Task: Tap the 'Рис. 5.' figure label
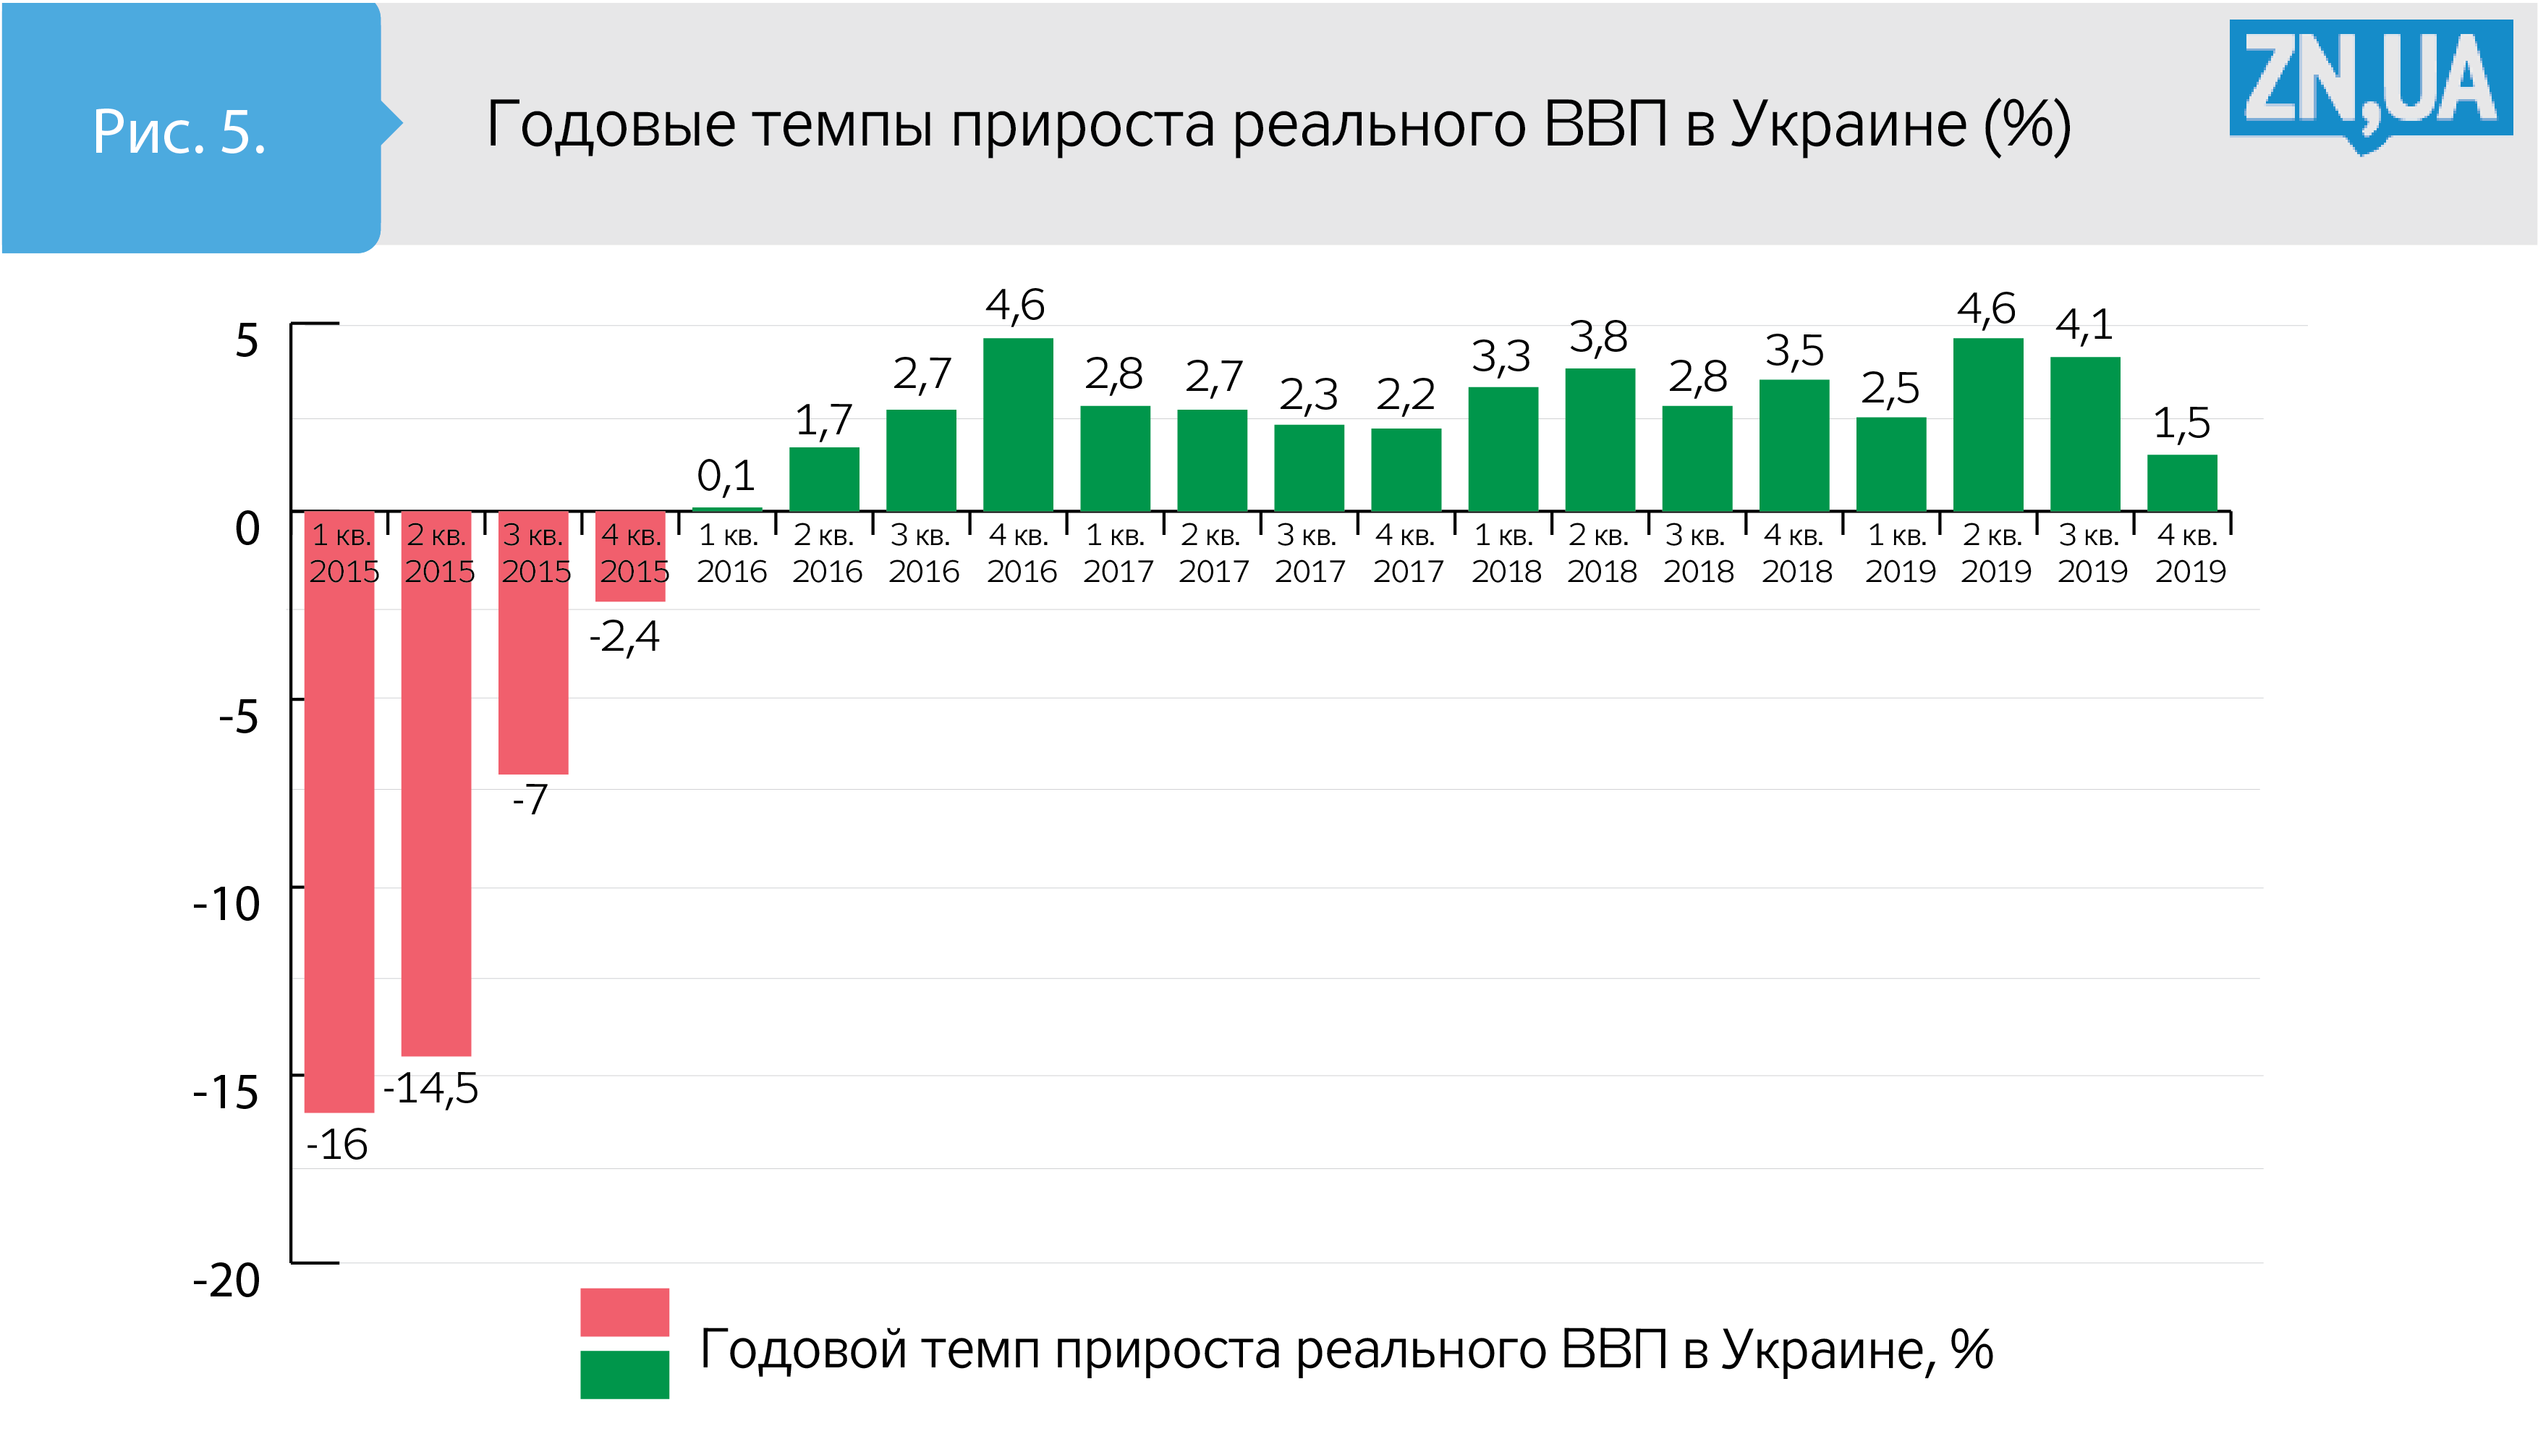179,130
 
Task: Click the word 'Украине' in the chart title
1848,125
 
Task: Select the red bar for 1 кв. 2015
339,845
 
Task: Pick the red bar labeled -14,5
436,815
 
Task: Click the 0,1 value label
726,475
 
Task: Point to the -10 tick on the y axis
226,903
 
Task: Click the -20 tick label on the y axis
226,1280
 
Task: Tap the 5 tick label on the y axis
247,340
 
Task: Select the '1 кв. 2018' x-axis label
1506,554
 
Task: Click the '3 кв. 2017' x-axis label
1310,554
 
